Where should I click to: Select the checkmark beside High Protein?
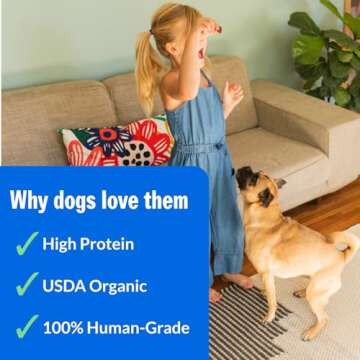(x=26, y=244)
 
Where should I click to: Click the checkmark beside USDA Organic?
(x=26, y=285)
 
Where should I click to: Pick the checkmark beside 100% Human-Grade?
(x=26, y=327)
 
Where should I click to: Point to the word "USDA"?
(x=65, y=285)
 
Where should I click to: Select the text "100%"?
(x=64, y=327)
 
